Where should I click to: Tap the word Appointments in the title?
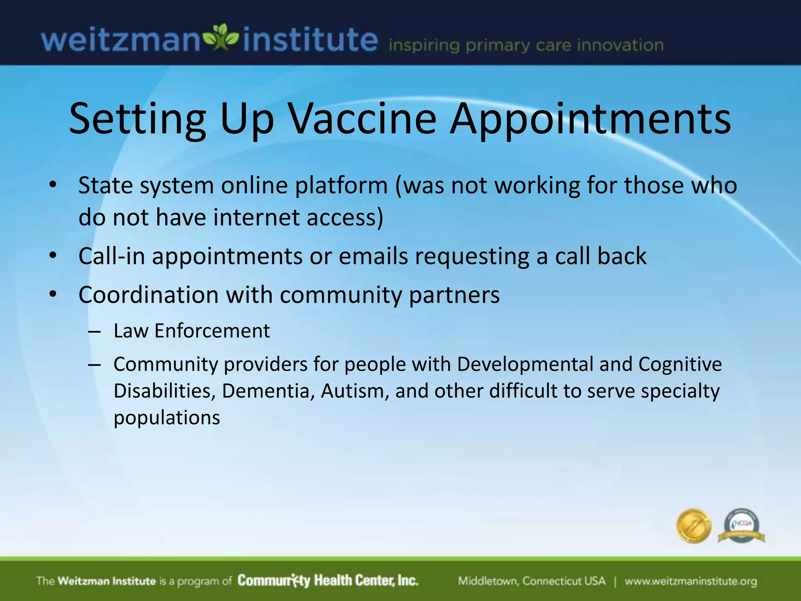click(x=590, y=119)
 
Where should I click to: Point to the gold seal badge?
click(x=693, y=526)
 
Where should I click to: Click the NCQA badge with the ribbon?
click(x=742, y=527)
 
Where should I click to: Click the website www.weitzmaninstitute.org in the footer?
click(x=691, y=581)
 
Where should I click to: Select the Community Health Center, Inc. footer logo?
click(x=328, y=580)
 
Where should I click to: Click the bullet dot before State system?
click(x=53, y=184)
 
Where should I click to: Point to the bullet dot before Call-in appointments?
click(x=53, y=256)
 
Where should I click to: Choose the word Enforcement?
click(x=212, y=331)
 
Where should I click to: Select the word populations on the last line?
click(x=167, y=418)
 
